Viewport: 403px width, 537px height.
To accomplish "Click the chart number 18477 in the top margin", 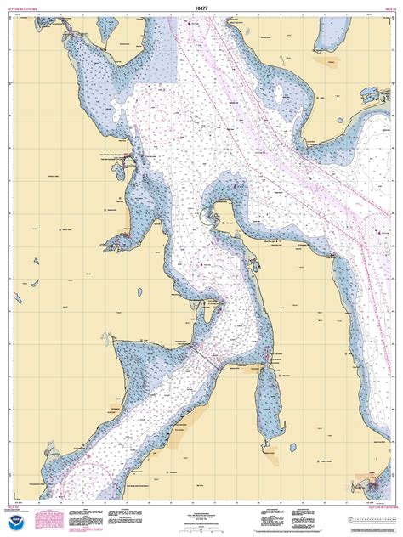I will pyautogui.click(x=201, y=6).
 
